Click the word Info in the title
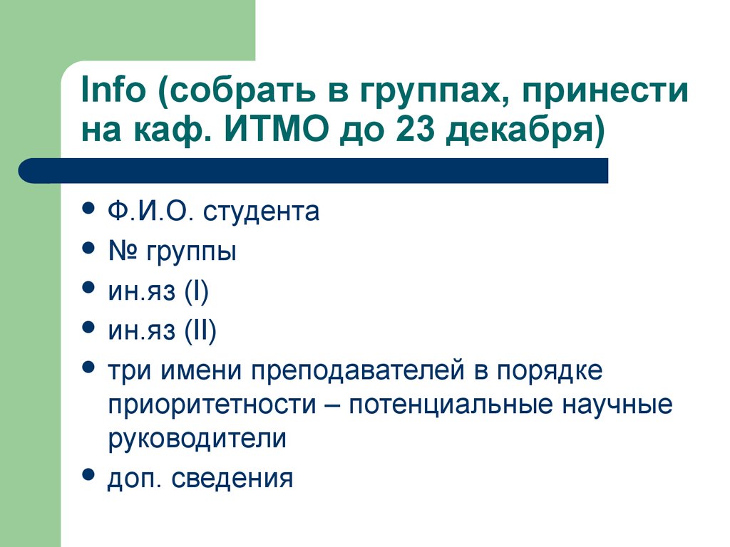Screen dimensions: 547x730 tap(110, 93)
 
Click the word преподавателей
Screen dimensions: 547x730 tap(356, 371)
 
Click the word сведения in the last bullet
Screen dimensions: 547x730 tap(243, 478)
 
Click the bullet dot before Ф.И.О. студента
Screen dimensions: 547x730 tap(88, 209)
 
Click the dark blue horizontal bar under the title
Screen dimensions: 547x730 tap(314, 171)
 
